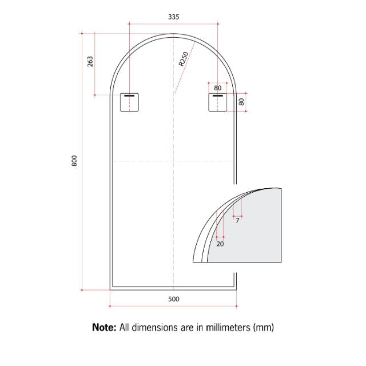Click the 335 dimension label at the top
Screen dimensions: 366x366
pos(174,17)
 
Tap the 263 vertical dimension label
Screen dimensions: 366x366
pos(90,61)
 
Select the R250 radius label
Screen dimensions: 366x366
pos(184,59)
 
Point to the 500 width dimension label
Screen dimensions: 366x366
pos(174,299)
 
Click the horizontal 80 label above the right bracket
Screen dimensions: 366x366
pos(218,88)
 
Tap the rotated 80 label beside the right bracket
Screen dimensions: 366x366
pos(241,102)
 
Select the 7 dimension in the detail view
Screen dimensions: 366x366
pos(237,220)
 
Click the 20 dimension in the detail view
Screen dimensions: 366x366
pos(220,243)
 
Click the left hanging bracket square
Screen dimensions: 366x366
pos(130,102)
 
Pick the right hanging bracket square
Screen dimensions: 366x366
pos(218,102)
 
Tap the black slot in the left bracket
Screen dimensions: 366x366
pos(130,96)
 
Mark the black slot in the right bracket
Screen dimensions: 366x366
pos(218,96)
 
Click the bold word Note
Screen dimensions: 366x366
pos(105,328)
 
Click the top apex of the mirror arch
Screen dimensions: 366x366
pos(174,34)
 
